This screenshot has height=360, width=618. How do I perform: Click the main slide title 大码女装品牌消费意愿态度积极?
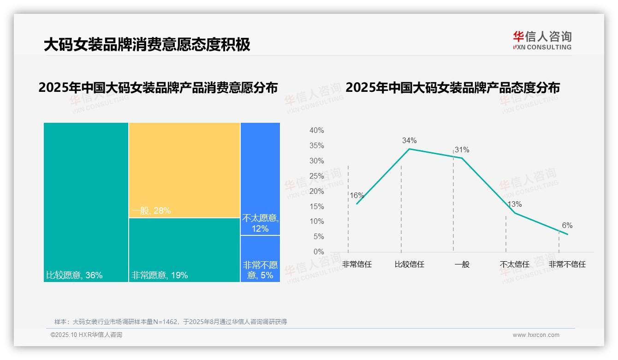[x=147, y=45]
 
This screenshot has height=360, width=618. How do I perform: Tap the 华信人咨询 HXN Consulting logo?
[x=542, y=41]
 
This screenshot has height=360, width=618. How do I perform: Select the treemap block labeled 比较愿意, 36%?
[x=86, y=202]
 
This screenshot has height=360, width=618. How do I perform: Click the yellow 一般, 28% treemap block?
[x=184, y=170]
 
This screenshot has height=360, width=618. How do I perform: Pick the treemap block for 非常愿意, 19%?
[x=184, y=250]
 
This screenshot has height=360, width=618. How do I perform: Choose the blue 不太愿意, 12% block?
[x=260, y=179]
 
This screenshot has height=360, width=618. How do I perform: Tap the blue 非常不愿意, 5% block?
[x=260, y=258]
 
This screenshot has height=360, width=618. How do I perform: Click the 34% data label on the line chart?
[x=409, y=140]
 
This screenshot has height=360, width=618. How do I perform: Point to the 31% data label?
[x=462, y=150]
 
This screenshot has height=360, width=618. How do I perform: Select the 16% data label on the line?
[x=357, y=195]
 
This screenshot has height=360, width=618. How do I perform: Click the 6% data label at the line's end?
[x=567, y=225]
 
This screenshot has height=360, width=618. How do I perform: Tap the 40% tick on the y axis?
[x=316, y=131]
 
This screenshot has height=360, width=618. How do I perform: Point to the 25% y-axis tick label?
[x=316, y=176]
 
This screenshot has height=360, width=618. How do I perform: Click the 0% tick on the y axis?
[x=318, y=252]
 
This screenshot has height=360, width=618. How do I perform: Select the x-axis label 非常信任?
[x=357, y=264]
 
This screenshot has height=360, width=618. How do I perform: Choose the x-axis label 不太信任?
[x=514, y=264]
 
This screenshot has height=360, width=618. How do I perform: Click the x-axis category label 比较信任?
[x=409, y=264]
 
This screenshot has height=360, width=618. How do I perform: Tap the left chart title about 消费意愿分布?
[x=158, y=88]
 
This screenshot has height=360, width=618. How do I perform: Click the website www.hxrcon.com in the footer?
[x=535, y=335]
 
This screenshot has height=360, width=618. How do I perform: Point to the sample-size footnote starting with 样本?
[x=171, y=322]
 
